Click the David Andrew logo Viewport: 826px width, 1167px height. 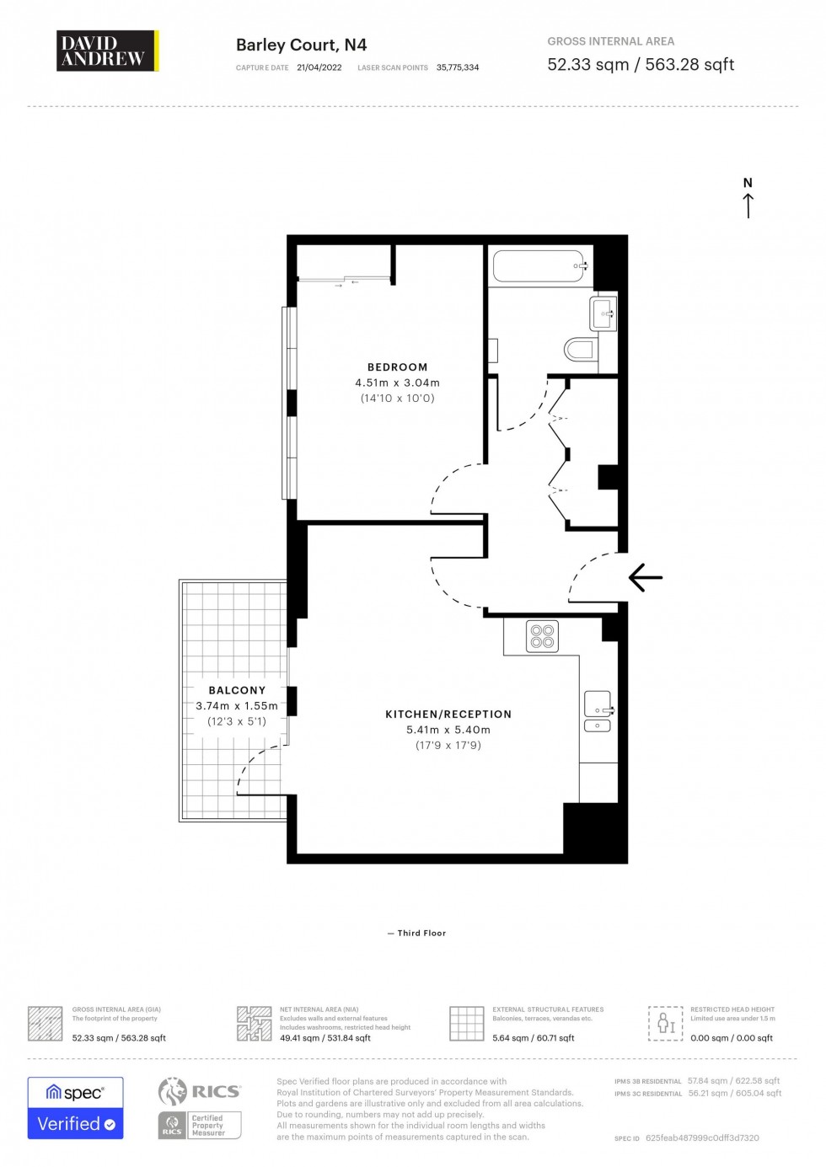(107, 51)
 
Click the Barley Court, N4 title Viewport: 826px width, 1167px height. (301, 46)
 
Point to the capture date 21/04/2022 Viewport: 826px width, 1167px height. (319, 67)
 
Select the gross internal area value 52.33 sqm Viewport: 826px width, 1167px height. (587, 65)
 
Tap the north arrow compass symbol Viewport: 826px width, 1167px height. (748, 198)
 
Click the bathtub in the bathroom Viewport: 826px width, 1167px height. (539, 266)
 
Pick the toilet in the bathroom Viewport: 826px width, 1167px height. (581, 349)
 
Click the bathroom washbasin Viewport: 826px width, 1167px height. (603, 314)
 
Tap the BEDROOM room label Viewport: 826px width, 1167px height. (397, 367)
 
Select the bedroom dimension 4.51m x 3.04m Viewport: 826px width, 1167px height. (397, 383)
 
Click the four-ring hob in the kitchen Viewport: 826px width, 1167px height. (542, 636)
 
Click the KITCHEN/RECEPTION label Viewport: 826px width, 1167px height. (448, 715)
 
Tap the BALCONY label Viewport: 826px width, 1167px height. (237, 690)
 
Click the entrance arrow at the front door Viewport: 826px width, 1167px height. (646, 577)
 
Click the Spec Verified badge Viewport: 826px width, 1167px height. (75, 1108)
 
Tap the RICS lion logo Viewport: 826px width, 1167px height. (173, 1091)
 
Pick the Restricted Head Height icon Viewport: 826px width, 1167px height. (665, 1023)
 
